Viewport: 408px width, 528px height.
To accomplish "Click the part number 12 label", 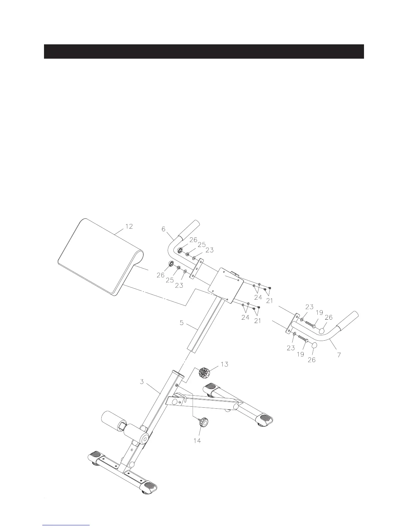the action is pyautogui.click(x=129, y=226).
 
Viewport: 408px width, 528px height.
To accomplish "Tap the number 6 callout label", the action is pyautogui.click(x=163, y=229).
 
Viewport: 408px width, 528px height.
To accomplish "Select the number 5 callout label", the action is pyautogui.click(x=182, y=323).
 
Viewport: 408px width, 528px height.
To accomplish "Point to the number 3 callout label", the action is pyautogui.click(x=142, y=382).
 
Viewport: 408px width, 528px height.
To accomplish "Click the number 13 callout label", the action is pyautogui.click(x=225, y=364).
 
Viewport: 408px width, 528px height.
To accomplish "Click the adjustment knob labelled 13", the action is pyautogui.click(x=203, y=372).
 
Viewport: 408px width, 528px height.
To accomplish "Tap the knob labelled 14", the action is pyautogui.click(x=203, y=423).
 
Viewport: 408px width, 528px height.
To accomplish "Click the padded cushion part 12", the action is pyautogui.click(x=97, y=255).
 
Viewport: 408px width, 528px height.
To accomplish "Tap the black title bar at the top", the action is pyautogui.click(x=204, y=51).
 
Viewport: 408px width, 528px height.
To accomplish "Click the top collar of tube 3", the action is pyautogui.click(x=178, y=373).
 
